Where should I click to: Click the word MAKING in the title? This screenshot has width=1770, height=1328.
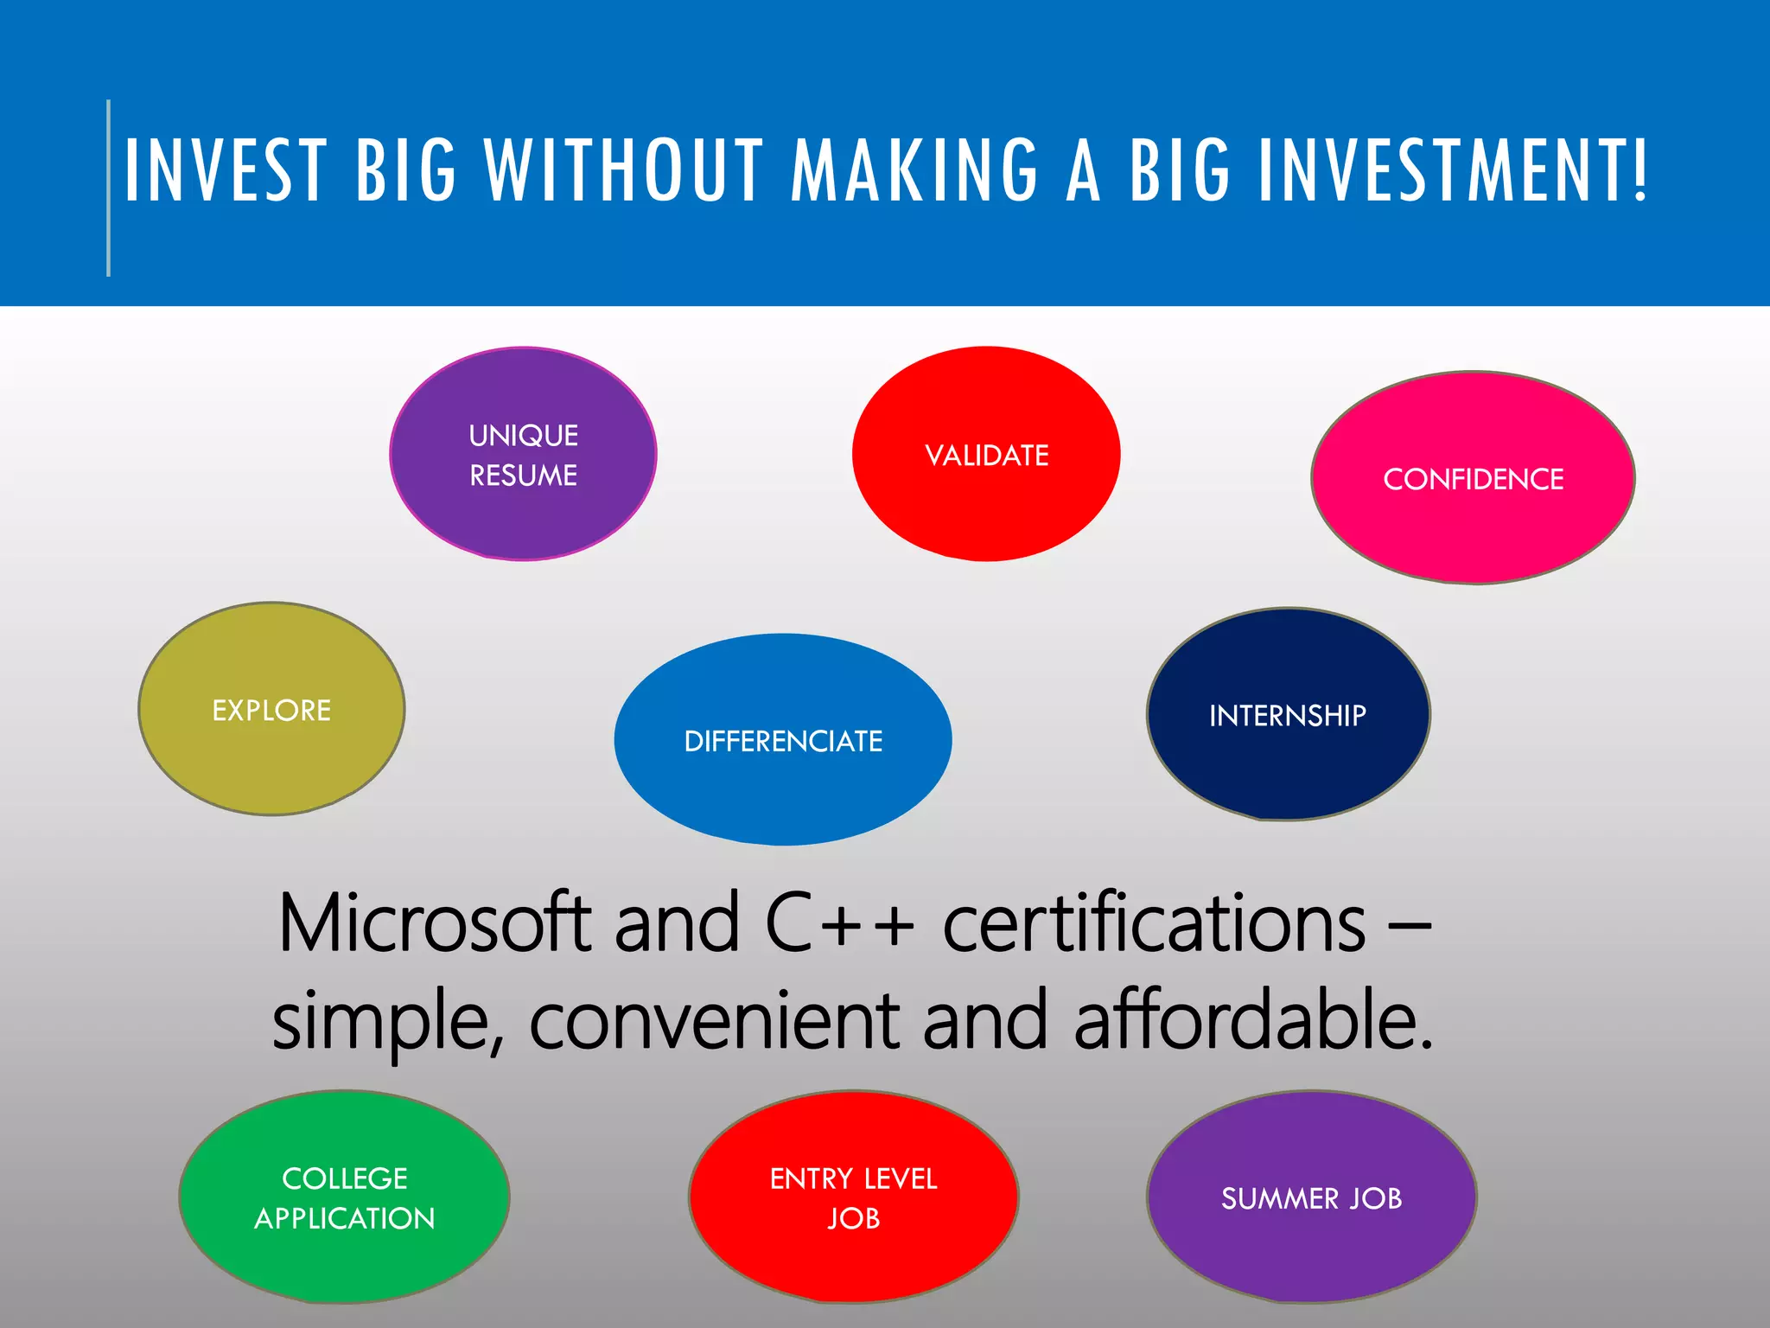(914, 170)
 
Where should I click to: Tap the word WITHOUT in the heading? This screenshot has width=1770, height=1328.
(623, 170)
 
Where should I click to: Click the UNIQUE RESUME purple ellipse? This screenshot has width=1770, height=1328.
(523, 455)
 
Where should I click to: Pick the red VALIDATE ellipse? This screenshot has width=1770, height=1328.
(986, 455)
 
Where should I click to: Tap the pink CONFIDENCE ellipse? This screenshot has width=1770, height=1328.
(1473, 479)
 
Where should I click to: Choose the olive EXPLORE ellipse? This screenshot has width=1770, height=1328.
(271, 710)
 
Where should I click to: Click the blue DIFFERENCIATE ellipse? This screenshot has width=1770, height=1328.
(783, 741)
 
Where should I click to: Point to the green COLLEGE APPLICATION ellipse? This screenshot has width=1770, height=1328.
(344, 1197)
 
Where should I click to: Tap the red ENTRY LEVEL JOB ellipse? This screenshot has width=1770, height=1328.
(853, 1197)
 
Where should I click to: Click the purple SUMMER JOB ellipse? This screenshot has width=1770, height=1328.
(1311, 1198)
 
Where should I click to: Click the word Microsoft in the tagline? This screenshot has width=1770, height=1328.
(434, 923)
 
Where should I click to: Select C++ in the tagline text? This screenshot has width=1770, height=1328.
(838, 923)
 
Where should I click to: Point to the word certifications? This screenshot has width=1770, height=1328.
(1154, 923)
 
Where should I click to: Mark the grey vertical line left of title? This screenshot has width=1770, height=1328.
(109, 188)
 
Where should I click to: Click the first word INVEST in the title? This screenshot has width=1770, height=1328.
(226, 170)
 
